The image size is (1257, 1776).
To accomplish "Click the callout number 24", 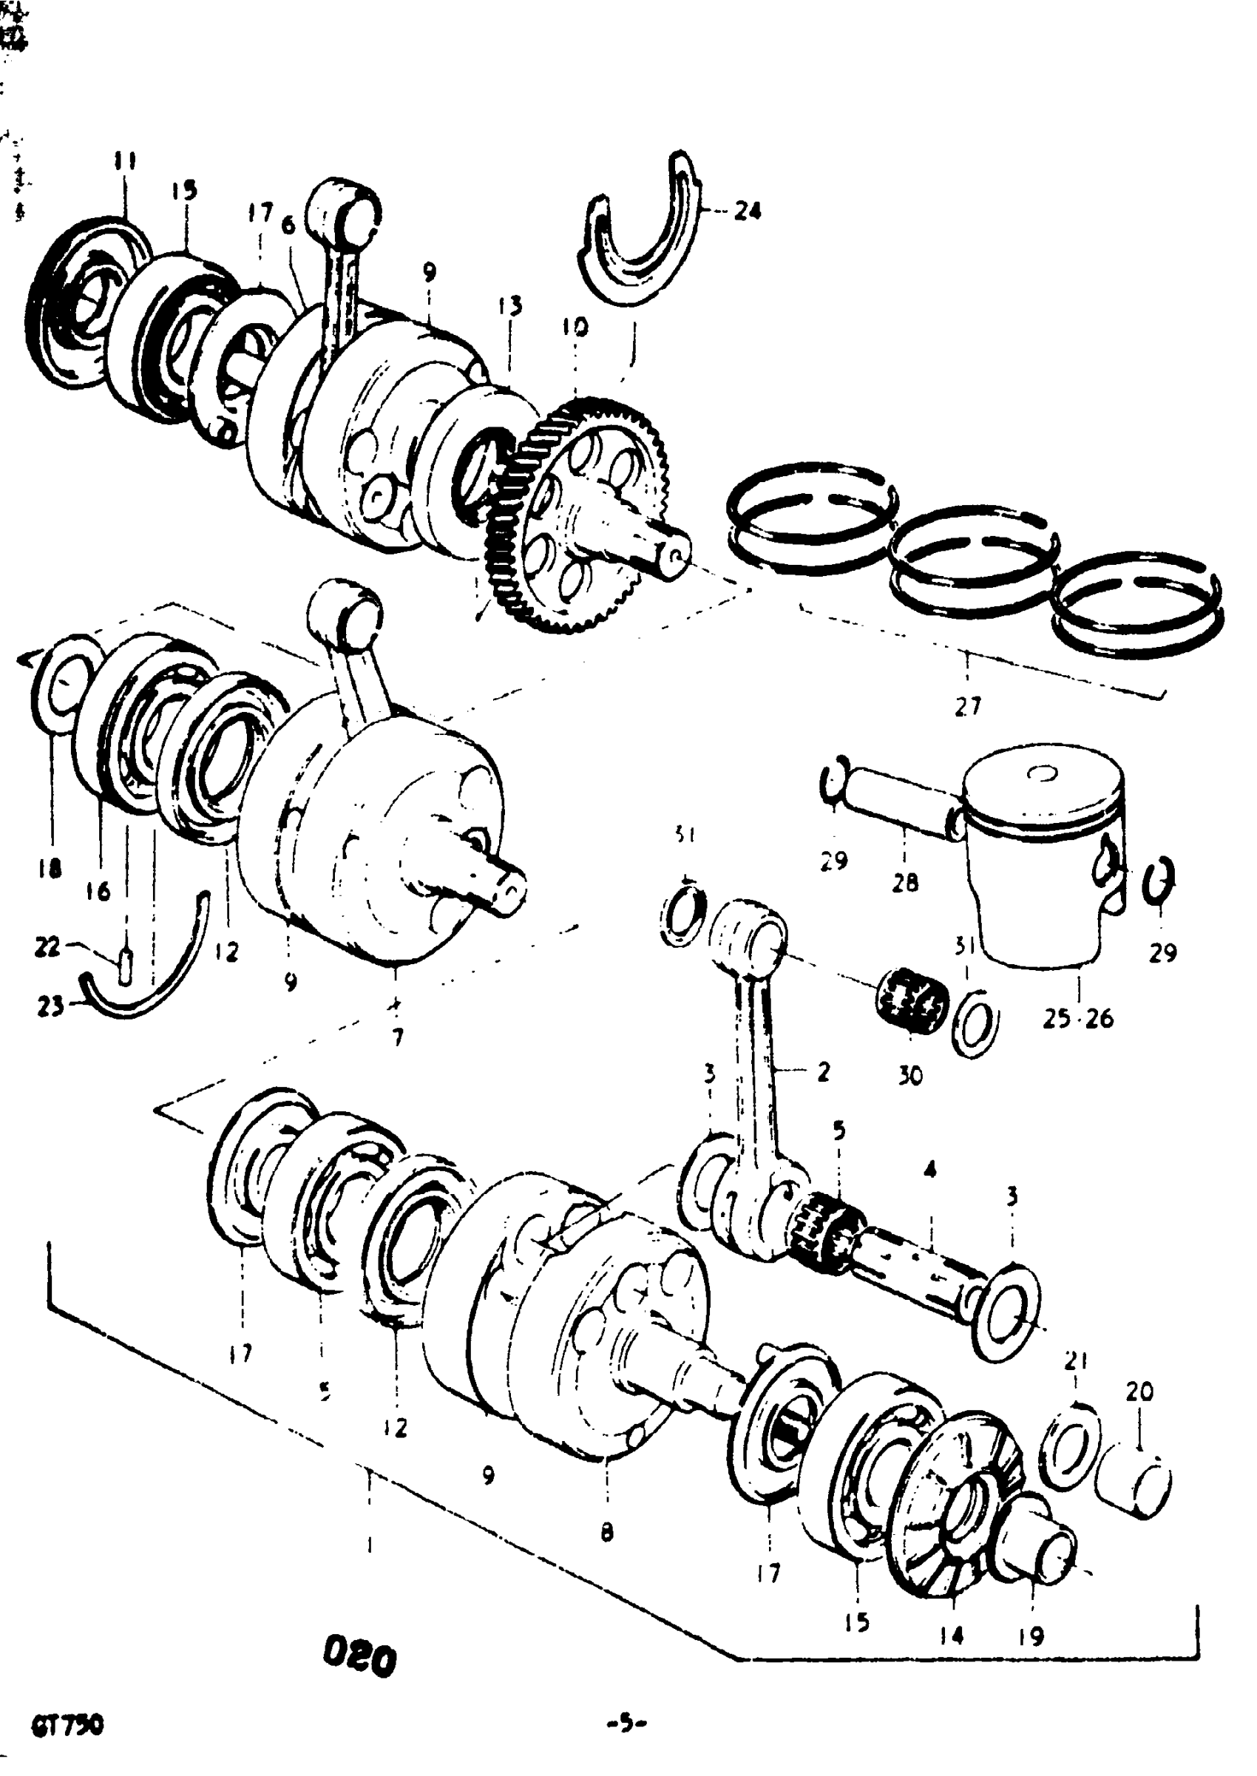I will click(747, 211).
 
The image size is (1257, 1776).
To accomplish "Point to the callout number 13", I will click(510, 305).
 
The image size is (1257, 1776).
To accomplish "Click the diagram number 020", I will click(359, 1658).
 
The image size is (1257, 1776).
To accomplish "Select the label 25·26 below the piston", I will click(1078, 1018).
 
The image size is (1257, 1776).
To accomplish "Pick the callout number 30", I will click(911, 1075).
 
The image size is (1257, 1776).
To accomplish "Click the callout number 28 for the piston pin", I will click(905, 881).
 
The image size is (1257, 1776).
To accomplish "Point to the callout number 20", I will click(1139, 1392).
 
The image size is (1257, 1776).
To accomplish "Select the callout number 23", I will click(50, 1008).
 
